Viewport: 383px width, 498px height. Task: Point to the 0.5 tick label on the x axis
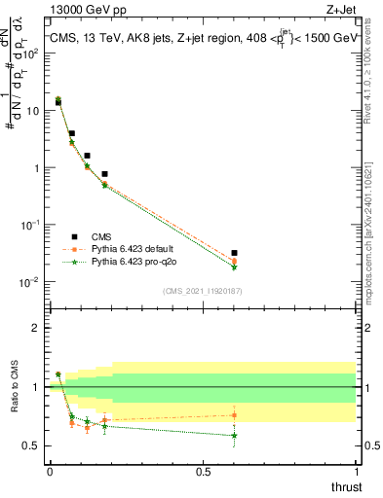tap(203, 472)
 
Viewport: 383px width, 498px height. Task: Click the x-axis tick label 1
tap(357, 472)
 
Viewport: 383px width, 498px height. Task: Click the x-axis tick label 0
tap(49, 472)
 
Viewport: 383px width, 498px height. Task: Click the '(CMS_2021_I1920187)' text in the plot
tap(201, 291)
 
